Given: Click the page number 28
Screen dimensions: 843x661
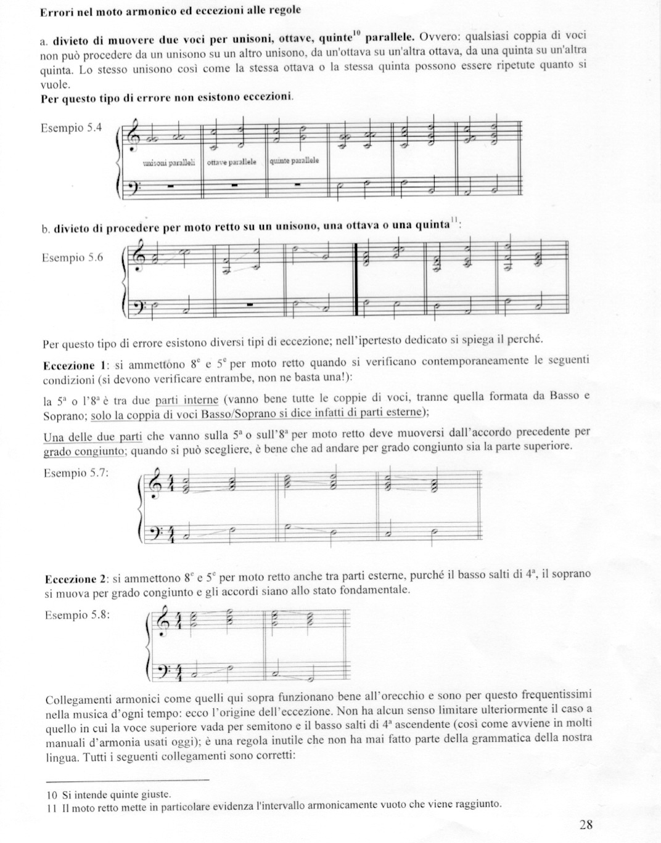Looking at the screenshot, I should point(586,824).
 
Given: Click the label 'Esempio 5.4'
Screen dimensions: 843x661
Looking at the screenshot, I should point(70,128).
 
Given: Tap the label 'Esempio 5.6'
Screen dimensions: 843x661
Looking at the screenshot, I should point(72,258).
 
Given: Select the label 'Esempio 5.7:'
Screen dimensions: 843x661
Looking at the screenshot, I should point(76,473).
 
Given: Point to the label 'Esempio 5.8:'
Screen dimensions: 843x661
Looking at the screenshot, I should point(78,614).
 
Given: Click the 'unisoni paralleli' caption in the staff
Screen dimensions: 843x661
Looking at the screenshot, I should point(169,163).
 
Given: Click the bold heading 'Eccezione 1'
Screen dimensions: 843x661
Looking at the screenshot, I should point(68,365).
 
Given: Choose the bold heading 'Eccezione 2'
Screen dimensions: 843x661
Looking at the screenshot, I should point(71,580).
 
